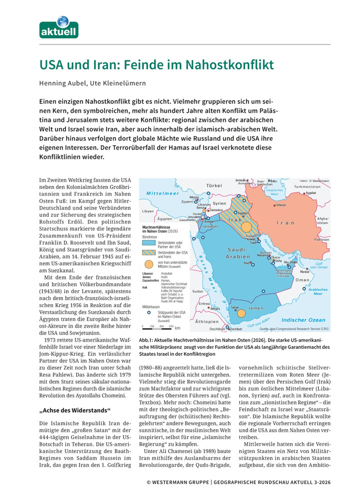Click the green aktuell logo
pyautogui.click(x=59, y=27)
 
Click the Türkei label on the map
pyautogui.click(x=214, y=185)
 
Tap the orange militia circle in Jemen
pyautogui.click(x=240, y=314)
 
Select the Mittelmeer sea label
pyautogui.click(x=163, y=192)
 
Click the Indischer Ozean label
pyautogui.click(x=303, y=320)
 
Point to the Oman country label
pyautogui.click(x=302, y=280)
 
